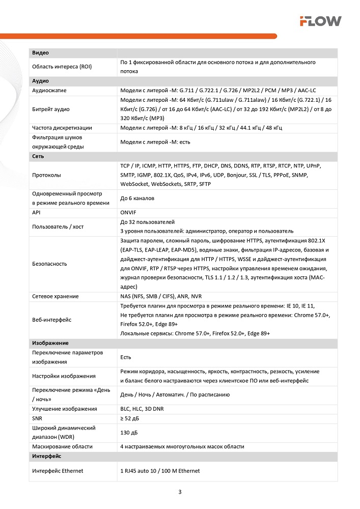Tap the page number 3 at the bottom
180,492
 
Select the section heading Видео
40,53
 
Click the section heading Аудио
40,81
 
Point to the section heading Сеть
38,156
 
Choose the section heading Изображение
50,343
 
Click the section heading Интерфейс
46,456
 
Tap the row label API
37,213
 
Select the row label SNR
38,418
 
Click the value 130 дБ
129,432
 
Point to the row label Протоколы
46,175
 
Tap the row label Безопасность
49,264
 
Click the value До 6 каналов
137,199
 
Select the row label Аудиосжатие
49,91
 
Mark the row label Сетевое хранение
56,296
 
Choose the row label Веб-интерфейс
51,320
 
